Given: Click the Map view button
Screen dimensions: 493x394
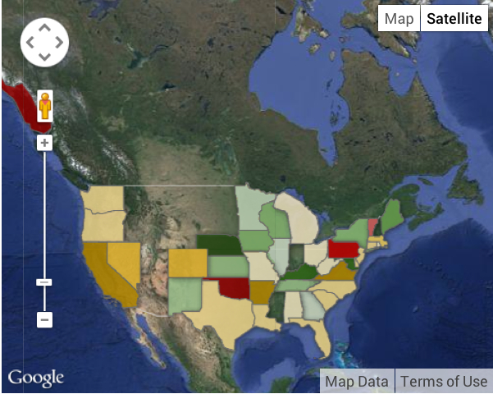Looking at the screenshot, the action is pyautogui.click(x=399, y=19).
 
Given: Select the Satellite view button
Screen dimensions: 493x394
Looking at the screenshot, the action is pyautogui.click(x=452, y=19).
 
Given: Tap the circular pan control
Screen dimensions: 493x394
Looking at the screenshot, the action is pyautogui.click(x=44, y=42).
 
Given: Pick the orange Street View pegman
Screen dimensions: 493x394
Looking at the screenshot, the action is pyautogui.click(x=45, y=106).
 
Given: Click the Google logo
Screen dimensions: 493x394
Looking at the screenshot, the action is pyautogui.click(x=36, y=378).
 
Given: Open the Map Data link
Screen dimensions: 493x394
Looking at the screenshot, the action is pyautogui.click(x=357, y=381).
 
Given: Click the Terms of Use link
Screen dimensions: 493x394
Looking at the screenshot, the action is pyautogui.click(x=444, y=381).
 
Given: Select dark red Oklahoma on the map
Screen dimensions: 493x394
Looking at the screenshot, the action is pyautogui.click(x=233, y=287).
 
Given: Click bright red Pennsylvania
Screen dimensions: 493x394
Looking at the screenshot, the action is pyautogui.click(x=344, y=248).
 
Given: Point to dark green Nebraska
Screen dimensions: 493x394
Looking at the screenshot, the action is pyautogui.click(x=220, y=244).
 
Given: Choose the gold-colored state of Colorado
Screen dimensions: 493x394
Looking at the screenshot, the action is pyautogui.click(x=188, y=263).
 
